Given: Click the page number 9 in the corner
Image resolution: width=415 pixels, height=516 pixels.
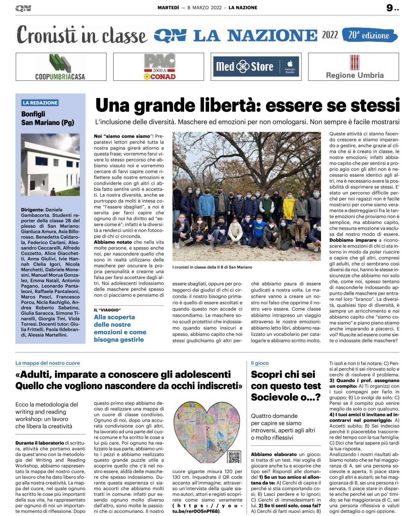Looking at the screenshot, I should tap(390, 8).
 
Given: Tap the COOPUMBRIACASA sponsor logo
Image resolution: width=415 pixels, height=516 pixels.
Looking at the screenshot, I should tap(61, 67).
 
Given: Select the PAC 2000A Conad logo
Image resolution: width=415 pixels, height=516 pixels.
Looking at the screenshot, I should tap(159, 67).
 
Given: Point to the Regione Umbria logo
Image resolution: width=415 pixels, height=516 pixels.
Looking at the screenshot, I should tap(354, 67).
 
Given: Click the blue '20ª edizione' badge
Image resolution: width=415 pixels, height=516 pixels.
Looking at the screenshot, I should tap(369, 35).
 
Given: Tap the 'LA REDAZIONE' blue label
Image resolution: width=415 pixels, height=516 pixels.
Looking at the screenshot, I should tap(40, 103).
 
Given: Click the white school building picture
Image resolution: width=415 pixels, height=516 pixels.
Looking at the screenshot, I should tap(50, 164).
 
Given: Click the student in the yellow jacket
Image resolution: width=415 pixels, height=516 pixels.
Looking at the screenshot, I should tap(289, 208).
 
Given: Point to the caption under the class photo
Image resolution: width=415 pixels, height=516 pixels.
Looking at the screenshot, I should tap(212, 267).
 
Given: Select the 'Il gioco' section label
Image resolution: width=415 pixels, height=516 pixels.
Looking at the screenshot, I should tap(260, 363).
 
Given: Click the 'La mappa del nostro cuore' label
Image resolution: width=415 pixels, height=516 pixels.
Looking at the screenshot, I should tap(48, 363).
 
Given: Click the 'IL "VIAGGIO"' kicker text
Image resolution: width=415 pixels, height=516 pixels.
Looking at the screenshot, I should tap(107, 310).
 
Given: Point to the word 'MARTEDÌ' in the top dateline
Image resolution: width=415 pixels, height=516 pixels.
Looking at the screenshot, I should tap(168, 8).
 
